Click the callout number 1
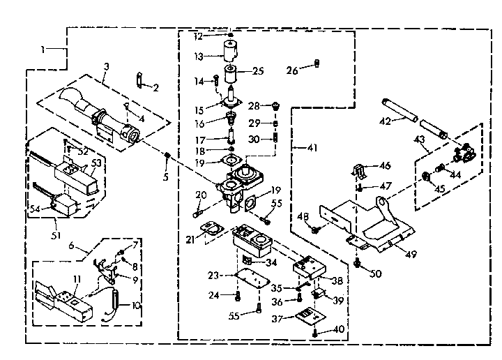point(43,50)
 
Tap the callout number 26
point(291,70)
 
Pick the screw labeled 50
point(357,262)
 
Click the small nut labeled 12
point(231,34)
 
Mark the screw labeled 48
point(315,229)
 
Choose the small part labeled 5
point(167,154)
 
